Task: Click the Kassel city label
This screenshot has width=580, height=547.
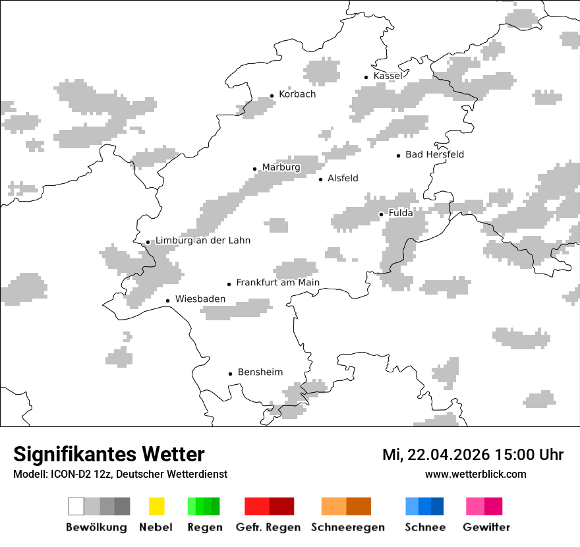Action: [x=388, y=76]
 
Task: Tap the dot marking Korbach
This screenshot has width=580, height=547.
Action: [x=272, y=96]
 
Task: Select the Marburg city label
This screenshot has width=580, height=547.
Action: [x=281, y=167]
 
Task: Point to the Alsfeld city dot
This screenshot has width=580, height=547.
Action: [x=321, y=179]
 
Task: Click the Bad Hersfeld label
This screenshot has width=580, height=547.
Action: [x=434, y=155]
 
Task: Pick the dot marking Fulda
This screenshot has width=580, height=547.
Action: [x=381, y=214]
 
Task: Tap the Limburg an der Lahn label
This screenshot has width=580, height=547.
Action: [x=202, y=241]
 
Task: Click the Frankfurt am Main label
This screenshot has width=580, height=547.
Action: [x=277, y=283]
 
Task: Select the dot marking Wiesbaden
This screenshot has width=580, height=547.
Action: [x=168, y=301]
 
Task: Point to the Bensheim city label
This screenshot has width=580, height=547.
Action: [x=260, y=372]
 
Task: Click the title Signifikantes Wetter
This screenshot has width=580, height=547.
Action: [x=109, y=455]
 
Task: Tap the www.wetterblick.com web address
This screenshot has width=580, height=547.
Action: [x=475, y=474]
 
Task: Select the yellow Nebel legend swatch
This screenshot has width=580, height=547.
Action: [x=156, y=506]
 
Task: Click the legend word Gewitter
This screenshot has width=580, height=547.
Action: [x=486, y=527]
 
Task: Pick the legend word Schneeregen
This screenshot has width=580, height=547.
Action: [x=347, y=527]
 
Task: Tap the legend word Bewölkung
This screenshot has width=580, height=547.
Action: [x=96, y=527]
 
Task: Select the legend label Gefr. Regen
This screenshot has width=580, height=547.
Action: [x=268, y=527]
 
